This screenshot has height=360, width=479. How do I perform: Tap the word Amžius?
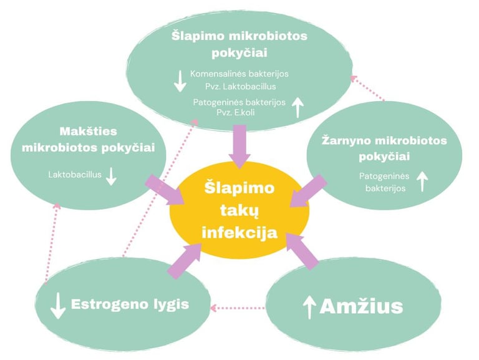[361, 306]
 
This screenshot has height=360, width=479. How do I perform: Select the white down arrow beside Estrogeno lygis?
[58, 305]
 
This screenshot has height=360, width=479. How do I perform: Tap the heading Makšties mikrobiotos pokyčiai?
[88, 140]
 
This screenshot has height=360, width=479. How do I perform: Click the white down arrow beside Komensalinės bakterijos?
[180, 80]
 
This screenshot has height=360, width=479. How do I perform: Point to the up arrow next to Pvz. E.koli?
[298, 107]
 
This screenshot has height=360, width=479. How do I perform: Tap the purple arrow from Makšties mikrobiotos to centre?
[163, 190]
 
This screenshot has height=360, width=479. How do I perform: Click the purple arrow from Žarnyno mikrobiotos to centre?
[310, 190]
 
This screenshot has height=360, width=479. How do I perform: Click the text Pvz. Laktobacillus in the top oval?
[232, 87]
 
